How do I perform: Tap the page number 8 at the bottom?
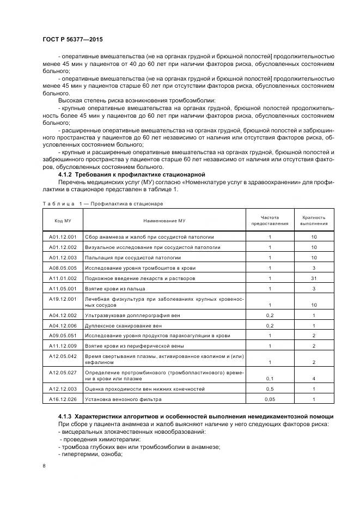[x=44, y=465]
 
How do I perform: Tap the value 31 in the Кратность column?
[x=314, y=278]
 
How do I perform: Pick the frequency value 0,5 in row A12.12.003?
[x=270, y=388]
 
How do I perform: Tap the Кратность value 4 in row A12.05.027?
[x=314, y=378]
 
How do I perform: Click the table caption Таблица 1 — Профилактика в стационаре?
[x=103, y=203]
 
